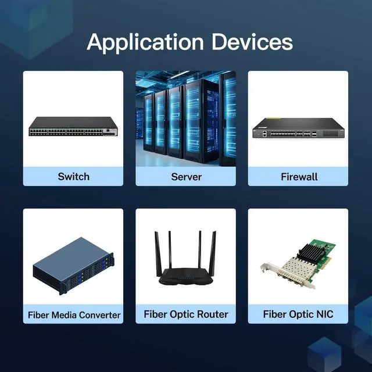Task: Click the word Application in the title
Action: [145, 43]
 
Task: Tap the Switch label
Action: [74, 177]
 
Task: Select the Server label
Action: [186, 177]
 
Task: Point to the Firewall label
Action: [299, 177]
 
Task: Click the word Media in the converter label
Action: [64, 315]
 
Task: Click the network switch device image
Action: [73, 126]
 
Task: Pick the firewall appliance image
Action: [298, 128]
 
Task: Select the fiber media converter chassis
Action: [73, 266]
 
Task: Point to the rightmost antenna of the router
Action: [213, 253]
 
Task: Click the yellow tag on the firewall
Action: [272, 118]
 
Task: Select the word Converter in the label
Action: [99, 315]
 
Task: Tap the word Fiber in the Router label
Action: [155, 314]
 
